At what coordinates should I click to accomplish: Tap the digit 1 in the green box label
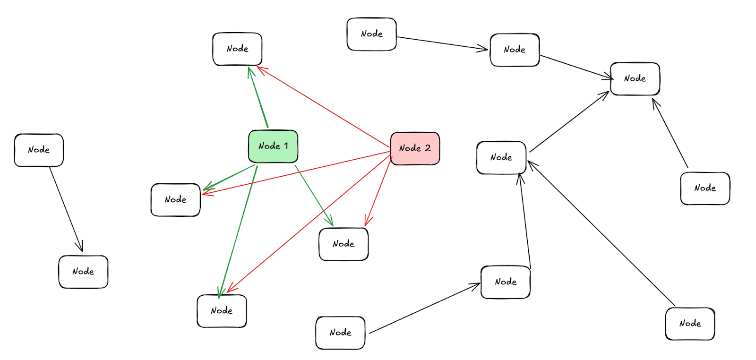[286, 146]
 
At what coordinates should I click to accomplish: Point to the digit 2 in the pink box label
[428, 148]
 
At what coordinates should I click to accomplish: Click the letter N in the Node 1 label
[261, 146]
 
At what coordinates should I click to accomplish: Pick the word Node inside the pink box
[410, 148]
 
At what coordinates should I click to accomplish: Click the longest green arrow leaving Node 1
[238, 231]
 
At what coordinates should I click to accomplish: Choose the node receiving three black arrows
[635, 79]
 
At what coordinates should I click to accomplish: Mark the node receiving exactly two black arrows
[501, 158]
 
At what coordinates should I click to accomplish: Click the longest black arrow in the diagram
[601, 233]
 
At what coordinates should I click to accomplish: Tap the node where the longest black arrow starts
[690, 324]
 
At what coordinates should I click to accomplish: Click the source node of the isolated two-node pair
[39, 150]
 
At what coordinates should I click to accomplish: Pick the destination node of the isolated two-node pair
[83, 272]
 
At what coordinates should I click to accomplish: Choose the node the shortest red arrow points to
[344, 244]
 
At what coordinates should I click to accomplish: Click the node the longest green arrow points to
[222, 311]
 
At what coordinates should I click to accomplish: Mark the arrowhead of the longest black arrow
[530, 163]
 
